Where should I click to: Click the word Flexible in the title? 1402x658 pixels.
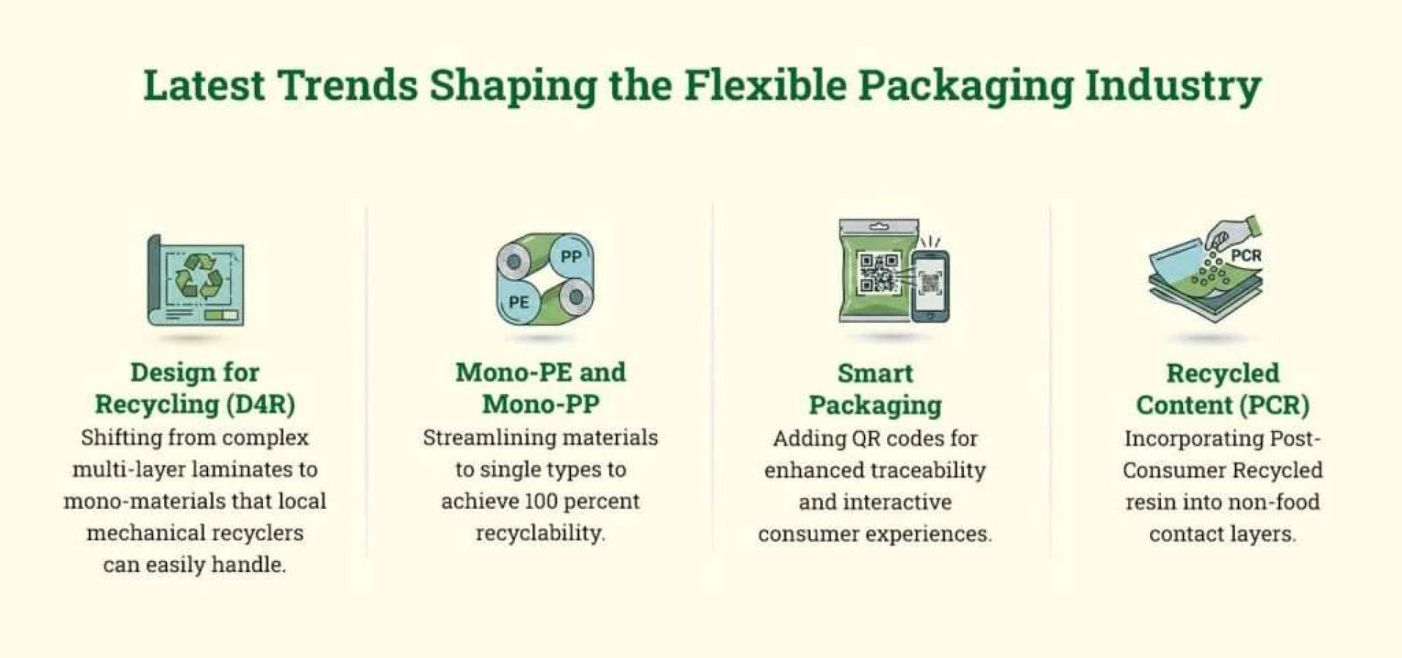[765, 85]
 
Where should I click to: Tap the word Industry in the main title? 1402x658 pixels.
[1173, 87]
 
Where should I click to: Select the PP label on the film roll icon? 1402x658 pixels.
[571, 256]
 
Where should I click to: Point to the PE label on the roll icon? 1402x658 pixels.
[518, 302]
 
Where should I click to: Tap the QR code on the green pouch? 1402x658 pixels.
[878, 272]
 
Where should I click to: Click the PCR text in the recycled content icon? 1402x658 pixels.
[1246, 256]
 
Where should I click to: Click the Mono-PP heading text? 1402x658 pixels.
[540, 405]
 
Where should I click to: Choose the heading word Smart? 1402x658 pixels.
[875, 373]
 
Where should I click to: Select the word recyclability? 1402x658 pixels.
[540, 533]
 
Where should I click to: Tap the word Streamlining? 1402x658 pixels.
[478, 438]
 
